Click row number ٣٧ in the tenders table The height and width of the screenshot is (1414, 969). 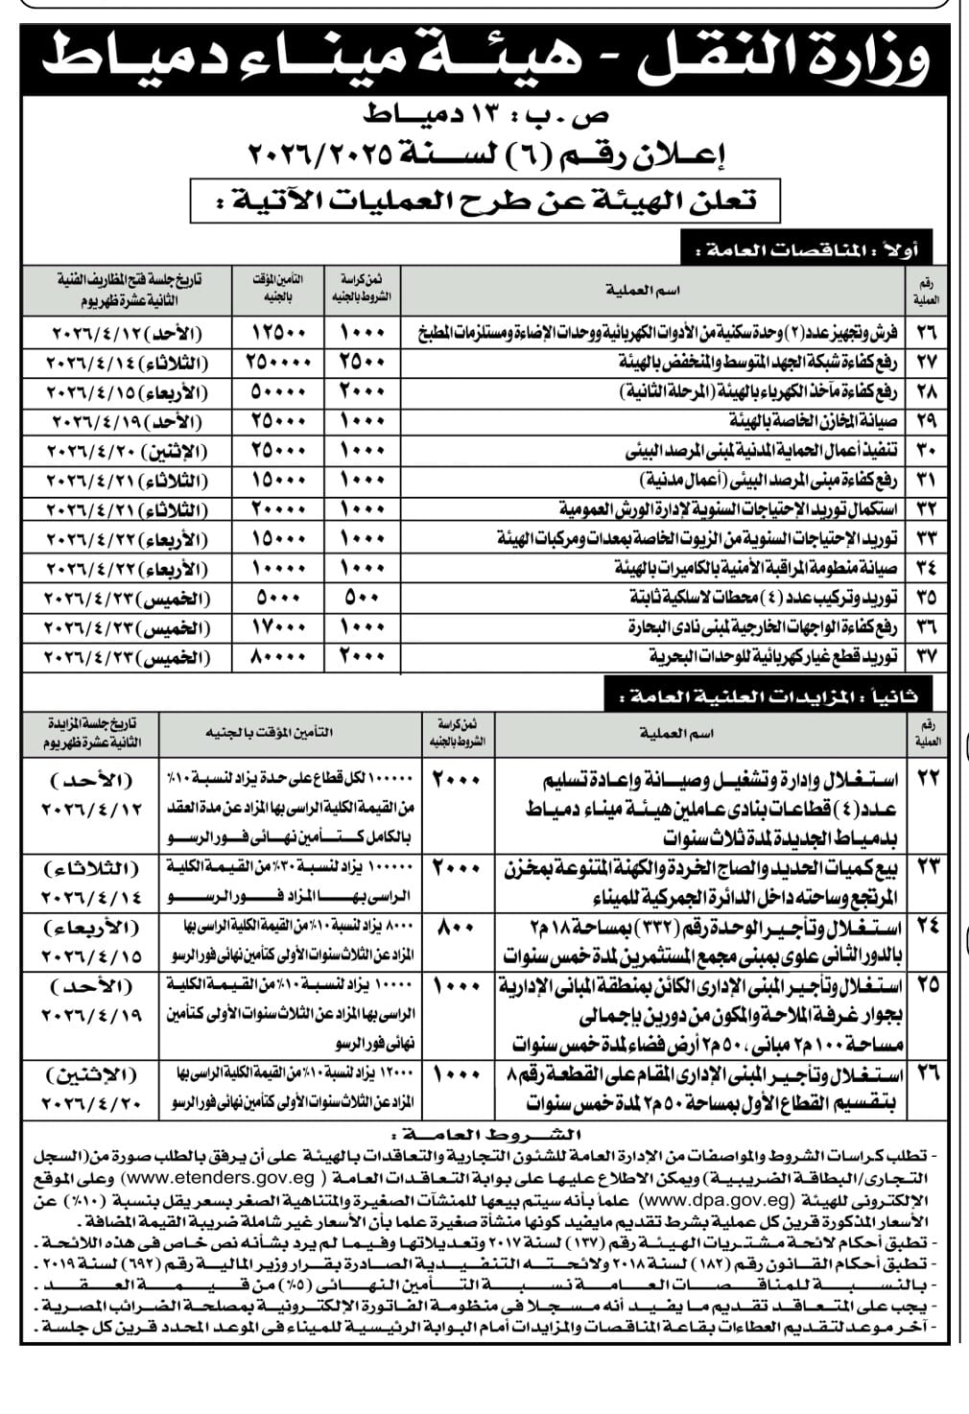927,657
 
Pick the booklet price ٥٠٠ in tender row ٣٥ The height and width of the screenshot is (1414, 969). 362,598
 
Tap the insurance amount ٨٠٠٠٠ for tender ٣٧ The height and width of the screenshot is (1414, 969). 278,657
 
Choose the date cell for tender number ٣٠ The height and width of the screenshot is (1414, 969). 125,450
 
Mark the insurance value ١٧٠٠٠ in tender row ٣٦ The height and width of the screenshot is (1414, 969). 278,627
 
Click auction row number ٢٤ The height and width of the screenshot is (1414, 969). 927,928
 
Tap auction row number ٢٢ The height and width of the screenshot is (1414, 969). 927,779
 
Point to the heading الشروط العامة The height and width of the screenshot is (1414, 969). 488,1132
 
